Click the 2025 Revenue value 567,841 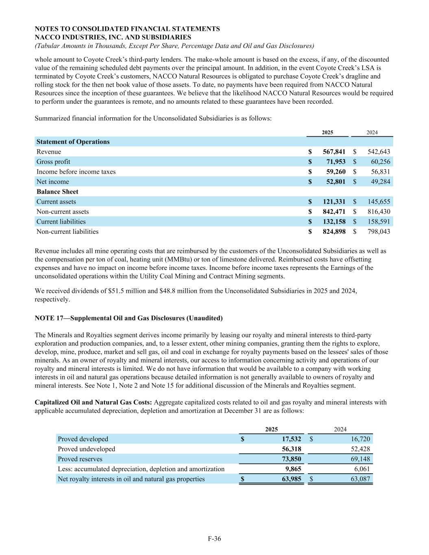click(x=334, y=152)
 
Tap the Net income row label click(x=53, y=182)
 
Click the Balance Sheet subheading click(x=57, y=192)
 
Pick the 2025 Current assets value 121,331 click(x=334, y=202)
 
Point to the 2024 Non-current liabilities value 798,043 click(x=379, y=232)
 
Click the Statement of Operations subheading click(x=73, y=142)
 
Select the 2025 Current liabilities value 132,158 click(x=334, y=222)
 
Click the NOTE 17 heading click(x=128, y=318)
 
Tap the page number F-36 click(x=214, y=539)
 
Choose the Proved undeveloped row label click(x=87, y=449)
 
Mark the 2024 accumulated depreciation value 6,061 click(x=360, y=469)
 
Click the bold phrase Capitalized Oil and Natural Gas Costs click(x=93, y=402)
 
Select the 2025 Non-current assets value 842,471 click(x=334, y=211)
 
